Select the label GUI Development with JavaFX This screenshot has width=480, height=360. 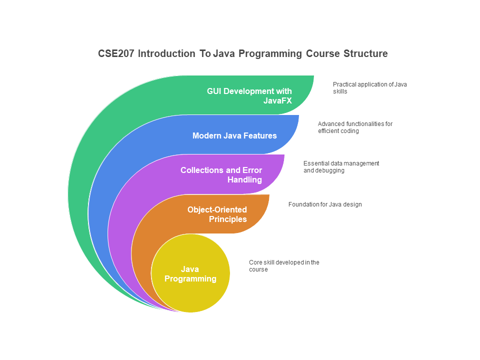click(249, 95)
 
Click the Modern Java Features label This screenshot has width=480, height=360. click(234, 135)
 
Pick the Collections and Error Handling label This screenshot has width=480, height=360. click(221, 174)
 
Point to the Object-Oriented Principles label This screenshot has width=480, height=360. click(217, 214)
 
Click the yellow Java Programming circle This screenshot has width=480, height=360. click(190, 280)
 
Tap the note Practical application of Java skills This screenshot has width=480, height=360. click(369, 87)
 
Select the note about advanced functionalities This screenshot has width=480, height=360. click(355, 127)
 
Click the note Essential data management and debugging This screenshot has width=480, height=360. click(341, 166)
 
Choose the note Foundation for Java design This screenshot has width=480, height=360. click(325, 204)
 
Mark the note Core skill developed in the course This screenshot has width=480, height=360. click(284, 265)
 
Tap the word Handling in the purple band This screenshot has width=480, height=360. click(244, 179)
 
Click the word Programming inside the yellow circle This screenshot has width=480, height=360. click(190, 278)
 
